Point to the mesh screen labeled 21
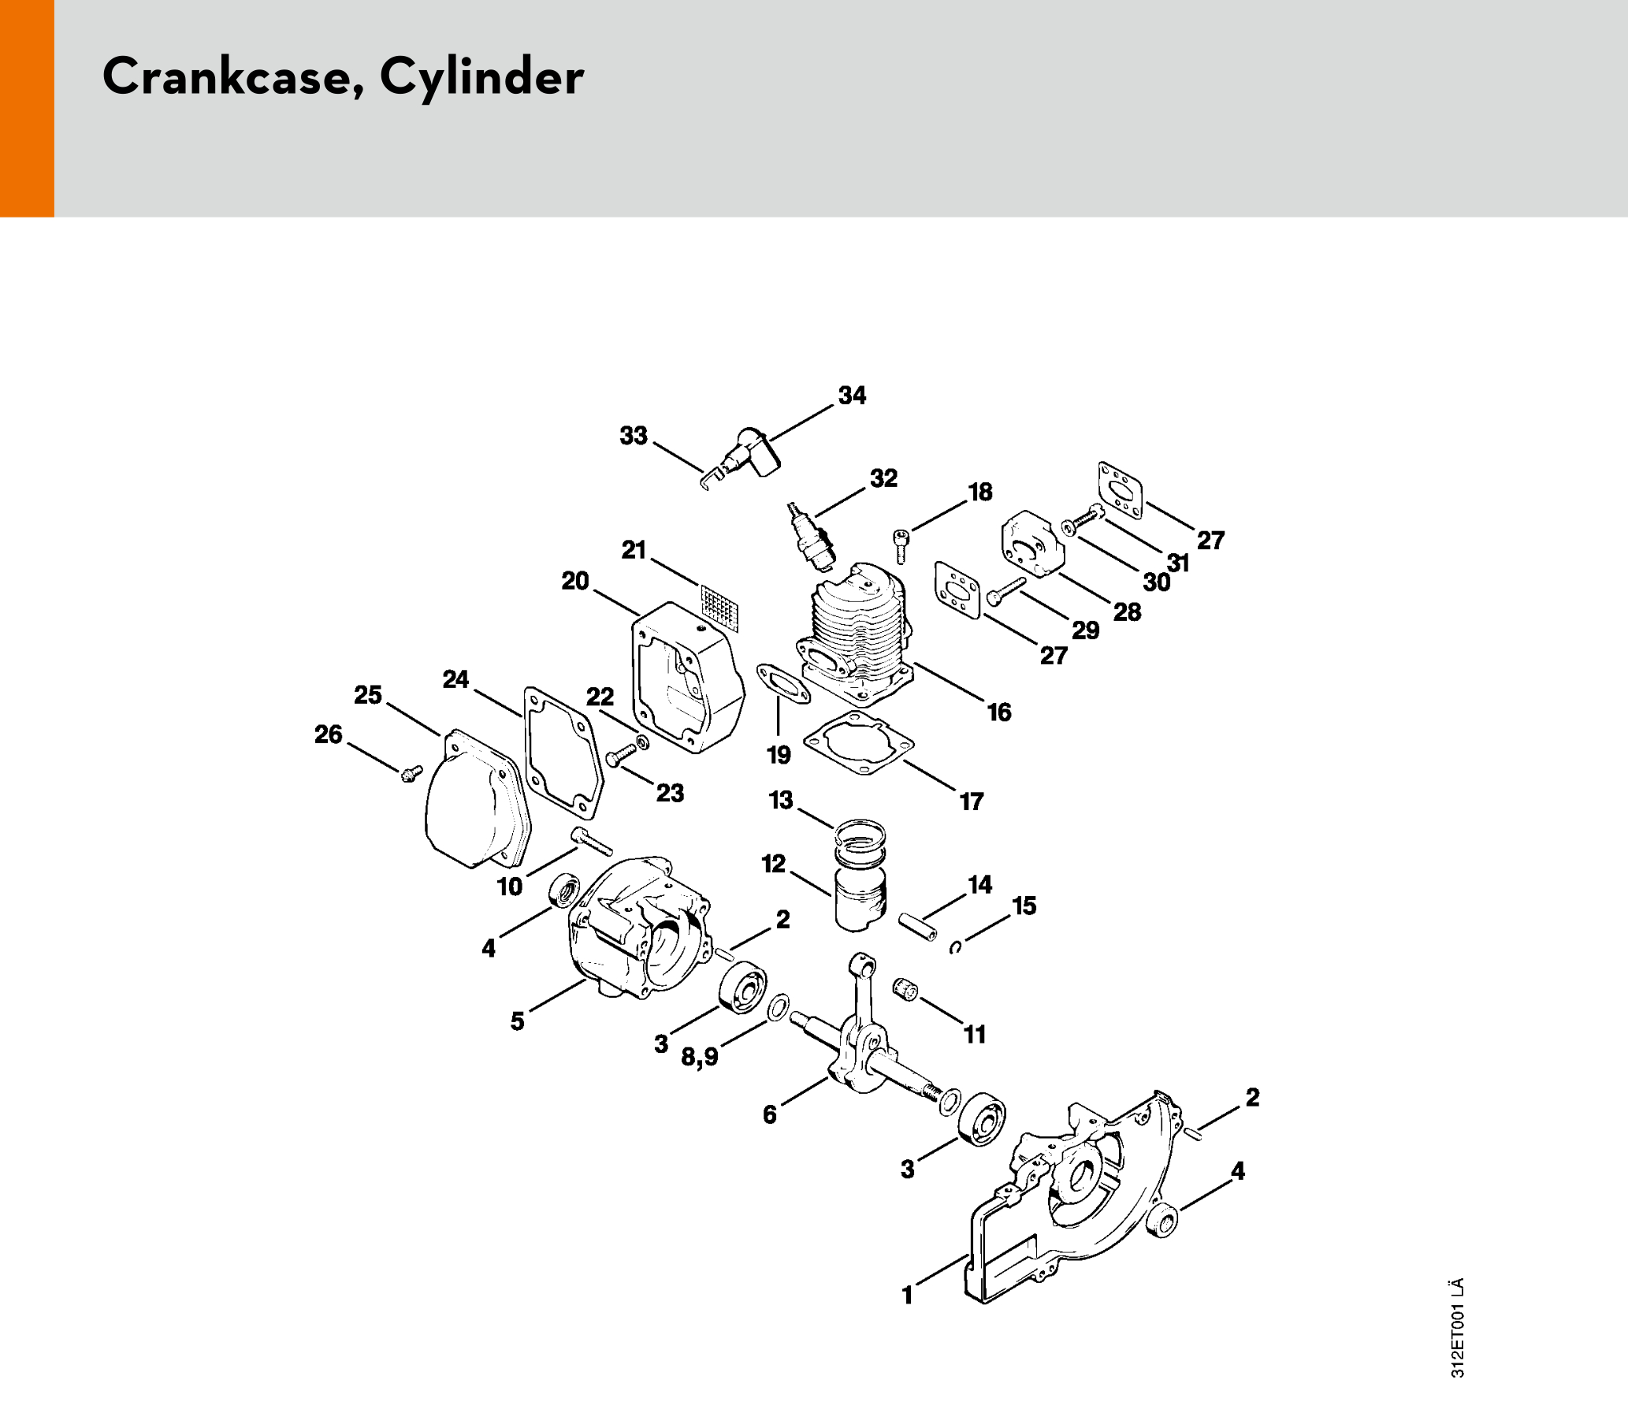(x=720, y=608)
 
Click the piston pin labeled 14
(x=918, y=926)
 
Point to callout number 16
(x=998, y=712)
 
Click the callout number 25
(x=368, y=695)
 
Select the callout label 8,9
(x=699, y=1057)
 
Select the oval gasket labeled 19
(x=783, y=683)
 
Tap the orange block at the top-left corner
(x=27, y=108)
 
